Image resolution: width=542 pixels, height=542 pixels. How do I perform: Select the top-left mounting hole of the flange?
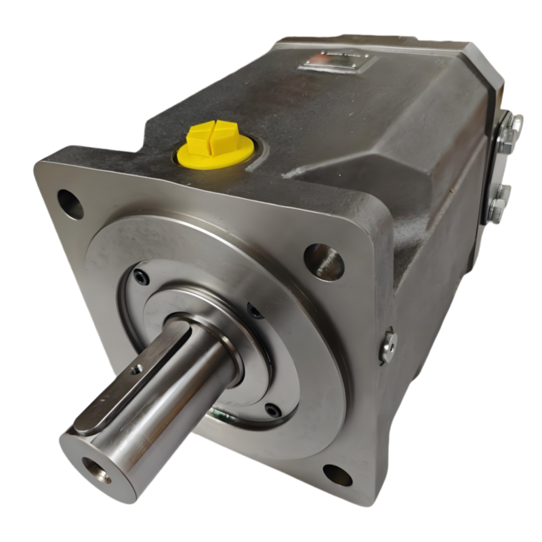pos(70,203)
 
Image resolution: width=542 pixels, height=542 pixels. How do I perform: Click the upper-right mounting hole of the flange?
pos(324,261)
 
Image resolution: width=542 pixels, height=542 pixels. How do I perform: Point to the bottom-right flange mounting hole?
pos(337,475)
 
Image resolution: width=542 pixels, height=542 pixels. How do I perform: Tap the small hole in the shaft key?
pos(137,369)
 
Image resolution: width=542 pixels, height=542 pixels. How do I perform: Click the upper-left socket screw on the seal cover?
pos(141,277)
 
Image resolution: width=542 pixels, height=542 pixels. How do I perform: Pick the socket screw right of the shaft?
pos(255,310)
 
